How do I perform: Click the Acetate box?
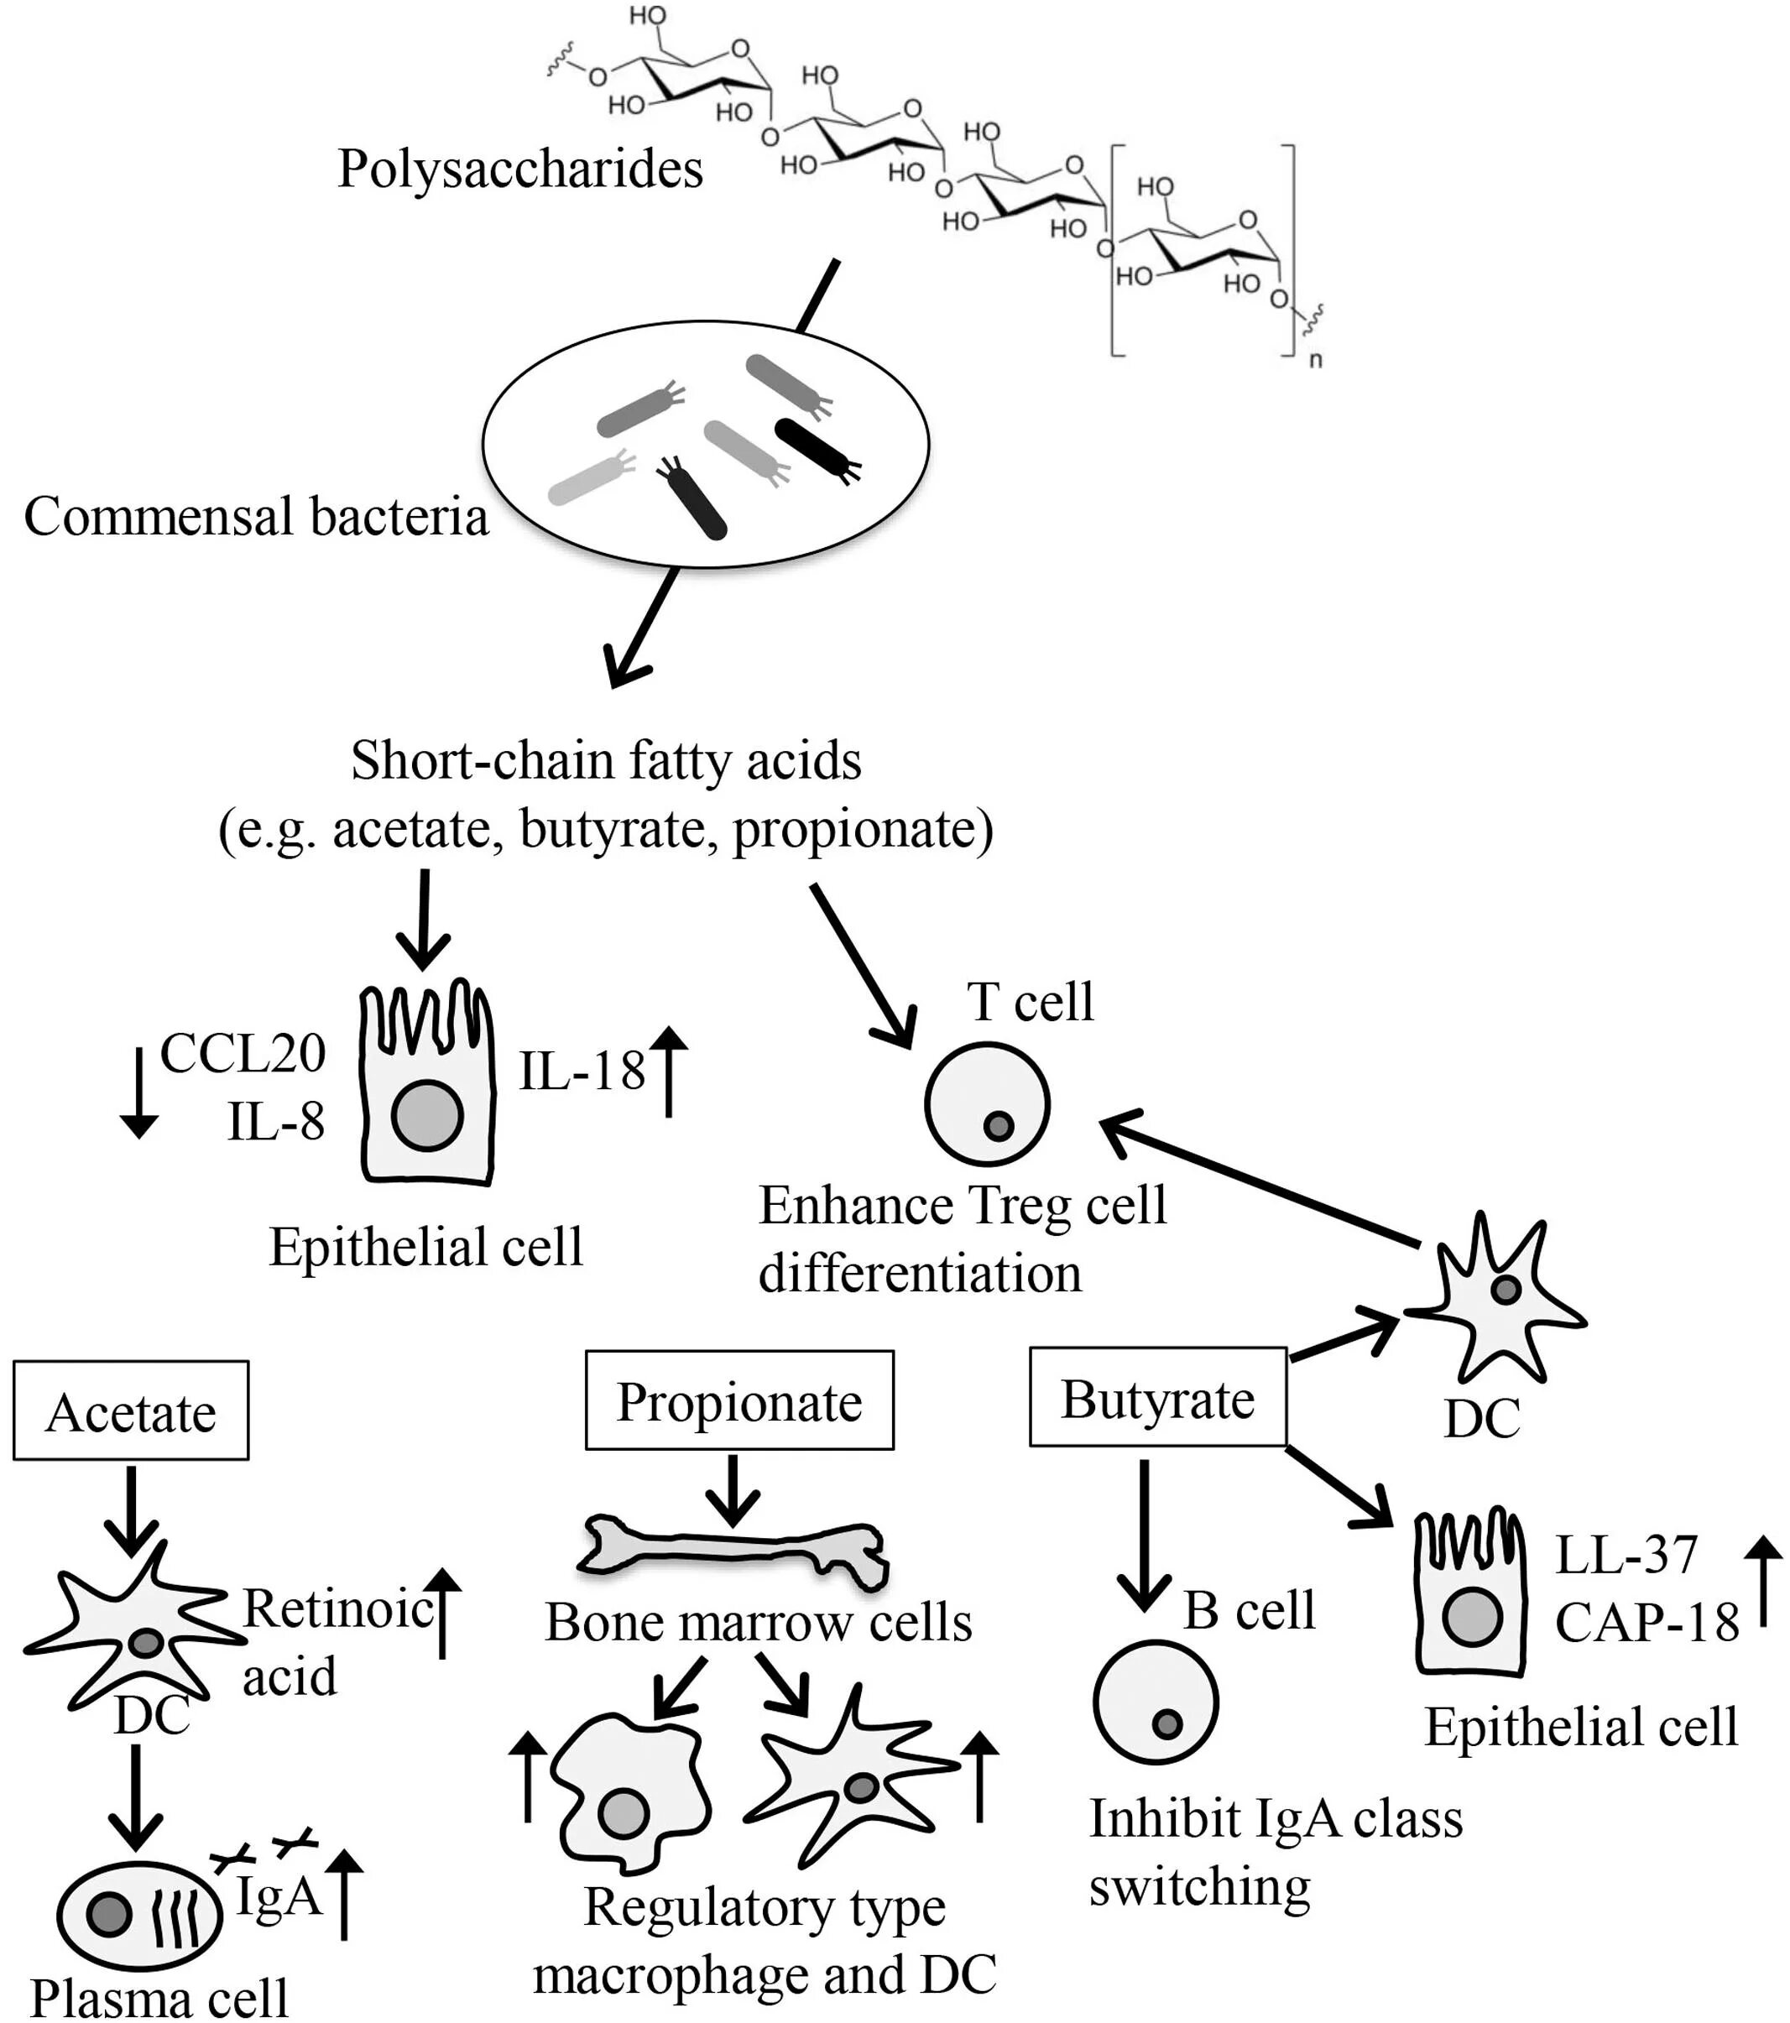coord(131,1411)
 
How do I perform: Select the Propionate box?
coord(738,1401)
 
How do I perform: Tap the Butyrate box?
coord(1157,1399)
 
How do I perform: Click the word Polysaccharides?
coord(519,169)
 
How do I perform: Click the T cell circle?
coord(986,1103)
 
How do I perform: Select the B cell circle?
coord(1155,1702)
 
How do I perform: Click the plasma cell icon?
coord(138,1914)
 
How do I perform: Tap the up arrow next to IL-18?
coord(670,1071)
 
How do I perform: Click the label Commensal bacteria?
coord(255,517)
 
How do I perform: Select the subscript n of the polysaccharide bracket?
coord(1315,360)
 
